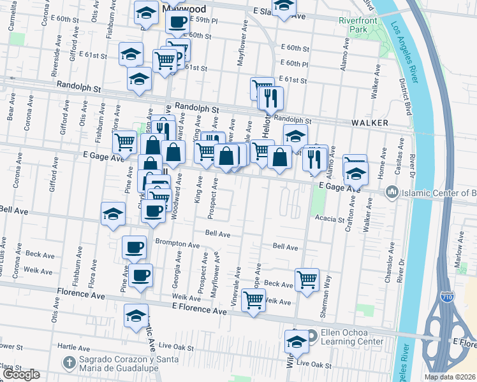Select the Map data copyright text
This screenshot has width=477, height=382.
point(450,377)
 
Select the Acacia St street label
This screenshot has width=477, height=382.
point(329,218)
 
